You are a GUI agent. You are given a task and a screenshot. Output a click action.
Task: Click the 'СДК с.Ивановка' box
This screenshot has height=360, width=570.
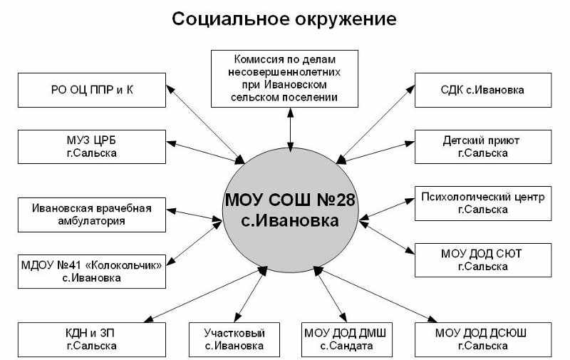(x=482, y=91)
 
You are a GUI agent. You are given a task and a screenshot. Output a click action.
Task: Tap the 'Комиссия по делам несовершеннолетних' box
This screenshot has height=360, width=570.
(x=289, y=76)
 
